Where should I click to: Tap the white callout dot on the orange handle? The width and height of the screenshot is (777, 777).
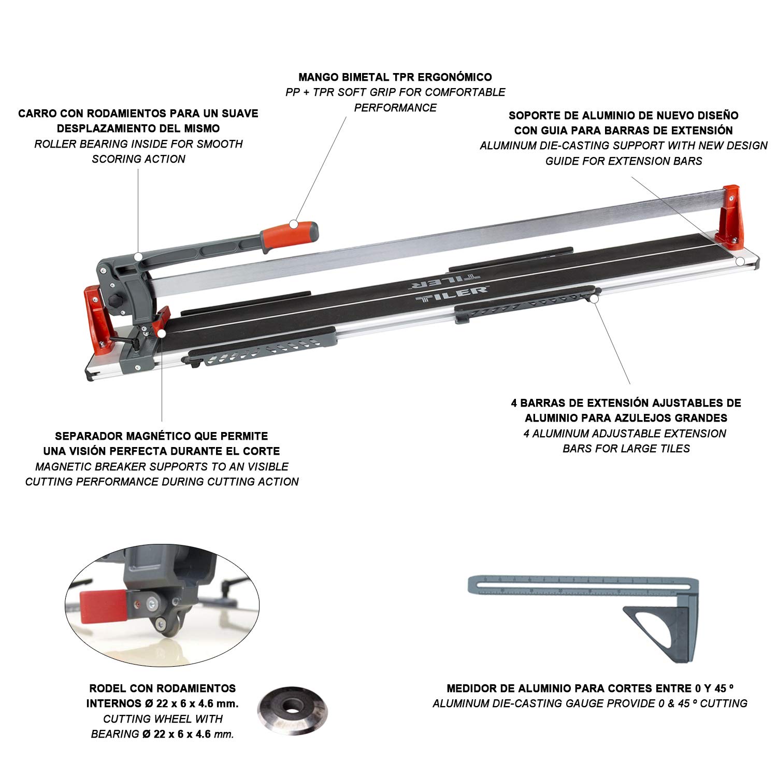293,224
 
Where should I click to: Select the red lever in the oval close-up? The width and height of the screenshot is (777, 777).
103,602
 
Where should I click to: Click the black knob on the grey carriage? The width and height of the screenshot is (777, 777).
115,301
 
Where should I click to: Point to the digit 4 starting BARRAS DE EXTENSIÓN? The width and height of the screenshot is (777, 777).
515,402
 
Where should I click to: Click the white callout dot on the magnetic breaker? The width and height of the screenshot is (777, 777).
162,334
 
